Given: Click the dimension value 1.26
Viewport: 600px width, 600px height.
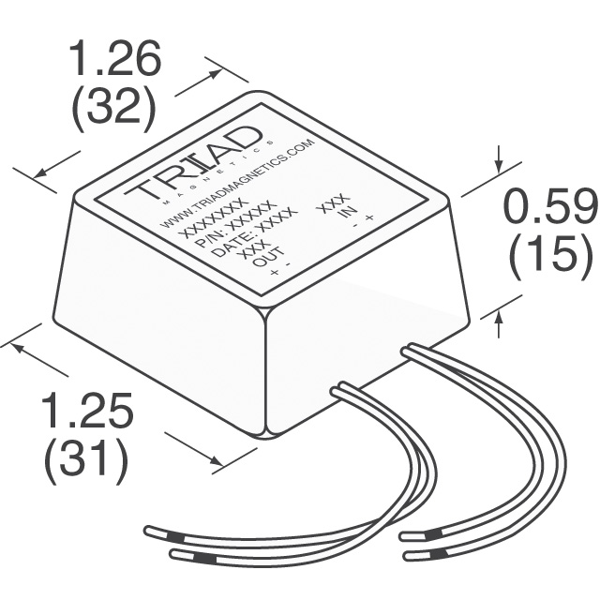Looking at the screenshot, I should tap(115, 62).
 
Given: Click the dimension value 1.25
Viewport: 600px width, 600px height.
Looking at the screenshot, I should tap(85, 413).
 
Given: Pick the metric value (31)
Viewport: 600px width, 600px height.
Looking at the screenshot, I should tap(85, 460).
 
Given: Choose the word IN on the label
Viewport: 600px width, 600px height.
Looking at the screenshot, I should tap(348, 214).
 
